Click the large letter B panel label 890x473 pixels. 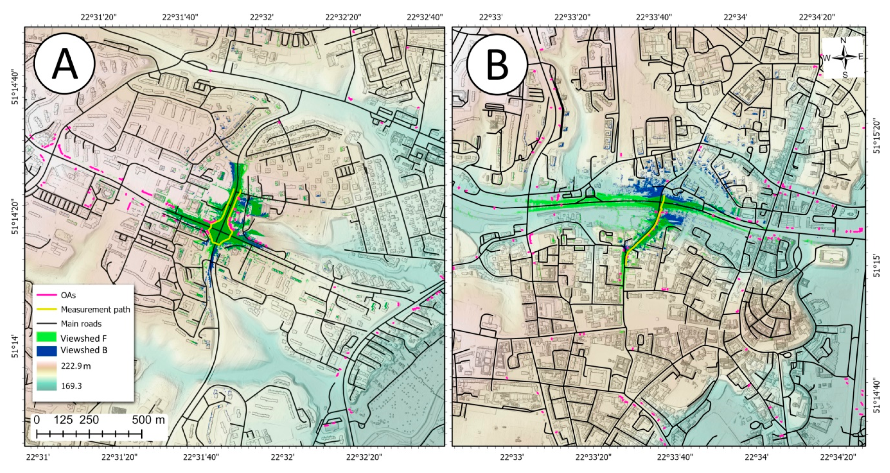[x=497, y=64]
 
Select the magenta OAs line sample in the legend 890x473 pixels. [x=46, y=295]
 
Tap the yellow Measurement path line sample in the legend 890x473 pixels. [x=46, y=309]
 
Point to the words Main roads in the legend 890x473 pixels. [x=81, y=324]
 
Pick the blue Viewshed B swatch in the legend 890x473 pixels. [x=46, y=350]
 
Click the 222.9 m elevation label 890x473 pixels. [x=76, y=366]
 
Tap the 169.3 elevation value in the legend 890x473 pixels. [x=71, y=386]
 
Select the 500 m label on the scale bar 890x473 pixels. [x=149, y=420]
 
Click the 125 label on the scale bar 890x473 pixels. [x=63, y=420]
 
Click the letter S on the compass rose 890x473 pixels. [x=844, y=75]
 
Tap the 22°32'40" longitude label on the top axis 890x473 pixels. [x=425, y=17]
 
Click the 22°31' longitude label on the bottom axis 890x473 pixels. [x=38, y=458]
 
